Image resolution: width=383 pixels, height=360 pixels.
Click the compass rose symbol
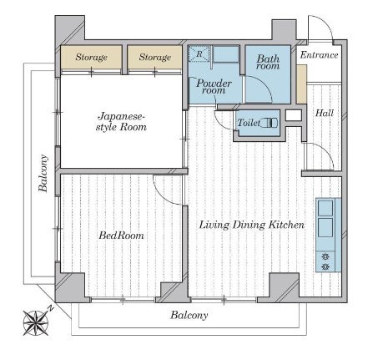pos(36,323)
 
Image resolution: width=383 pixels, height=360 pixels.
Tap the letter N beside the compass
pos(50,308)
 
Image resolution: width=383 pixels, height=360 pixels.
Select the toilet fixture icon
pos(270,123)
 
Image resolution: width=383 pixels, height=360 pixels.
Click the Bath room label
pos(268,63)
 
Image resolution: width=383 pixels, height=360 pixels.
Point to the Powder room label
pos(214,87)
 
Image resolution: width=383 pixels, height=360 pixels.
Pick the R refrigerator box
pos(199,53)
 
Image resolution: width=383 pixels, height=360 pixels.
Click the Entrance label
pos(319,55)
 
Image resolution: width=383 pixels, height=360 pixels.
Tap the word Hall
pos(325,113)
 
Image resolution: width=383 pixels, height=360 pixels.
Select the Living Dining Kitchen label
pos(252,225)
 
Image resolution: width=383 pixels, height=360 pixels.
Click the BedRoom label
pos(122,236)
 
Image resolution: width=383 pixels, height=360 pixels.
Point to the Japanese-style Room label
pos(121,122)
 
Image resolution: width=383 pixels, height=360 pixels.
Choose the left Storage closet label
pos(91,57)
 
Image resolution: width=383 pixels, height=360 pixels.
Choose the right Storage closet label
pos(155,57)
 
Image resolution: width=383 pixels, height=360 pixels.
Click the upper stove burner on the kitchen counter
pos(325,256)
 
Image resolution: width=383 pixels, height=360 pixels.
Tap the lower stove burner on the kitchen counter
pos(325,266)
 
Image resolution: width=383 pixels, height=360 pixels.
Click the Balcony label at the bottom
pos(189,315)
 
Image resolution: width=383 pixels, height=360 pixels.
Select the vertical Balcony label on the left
pos(43,173)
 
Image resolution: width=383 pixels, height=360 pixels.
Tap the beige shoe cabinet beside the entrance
pos(301,84)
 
